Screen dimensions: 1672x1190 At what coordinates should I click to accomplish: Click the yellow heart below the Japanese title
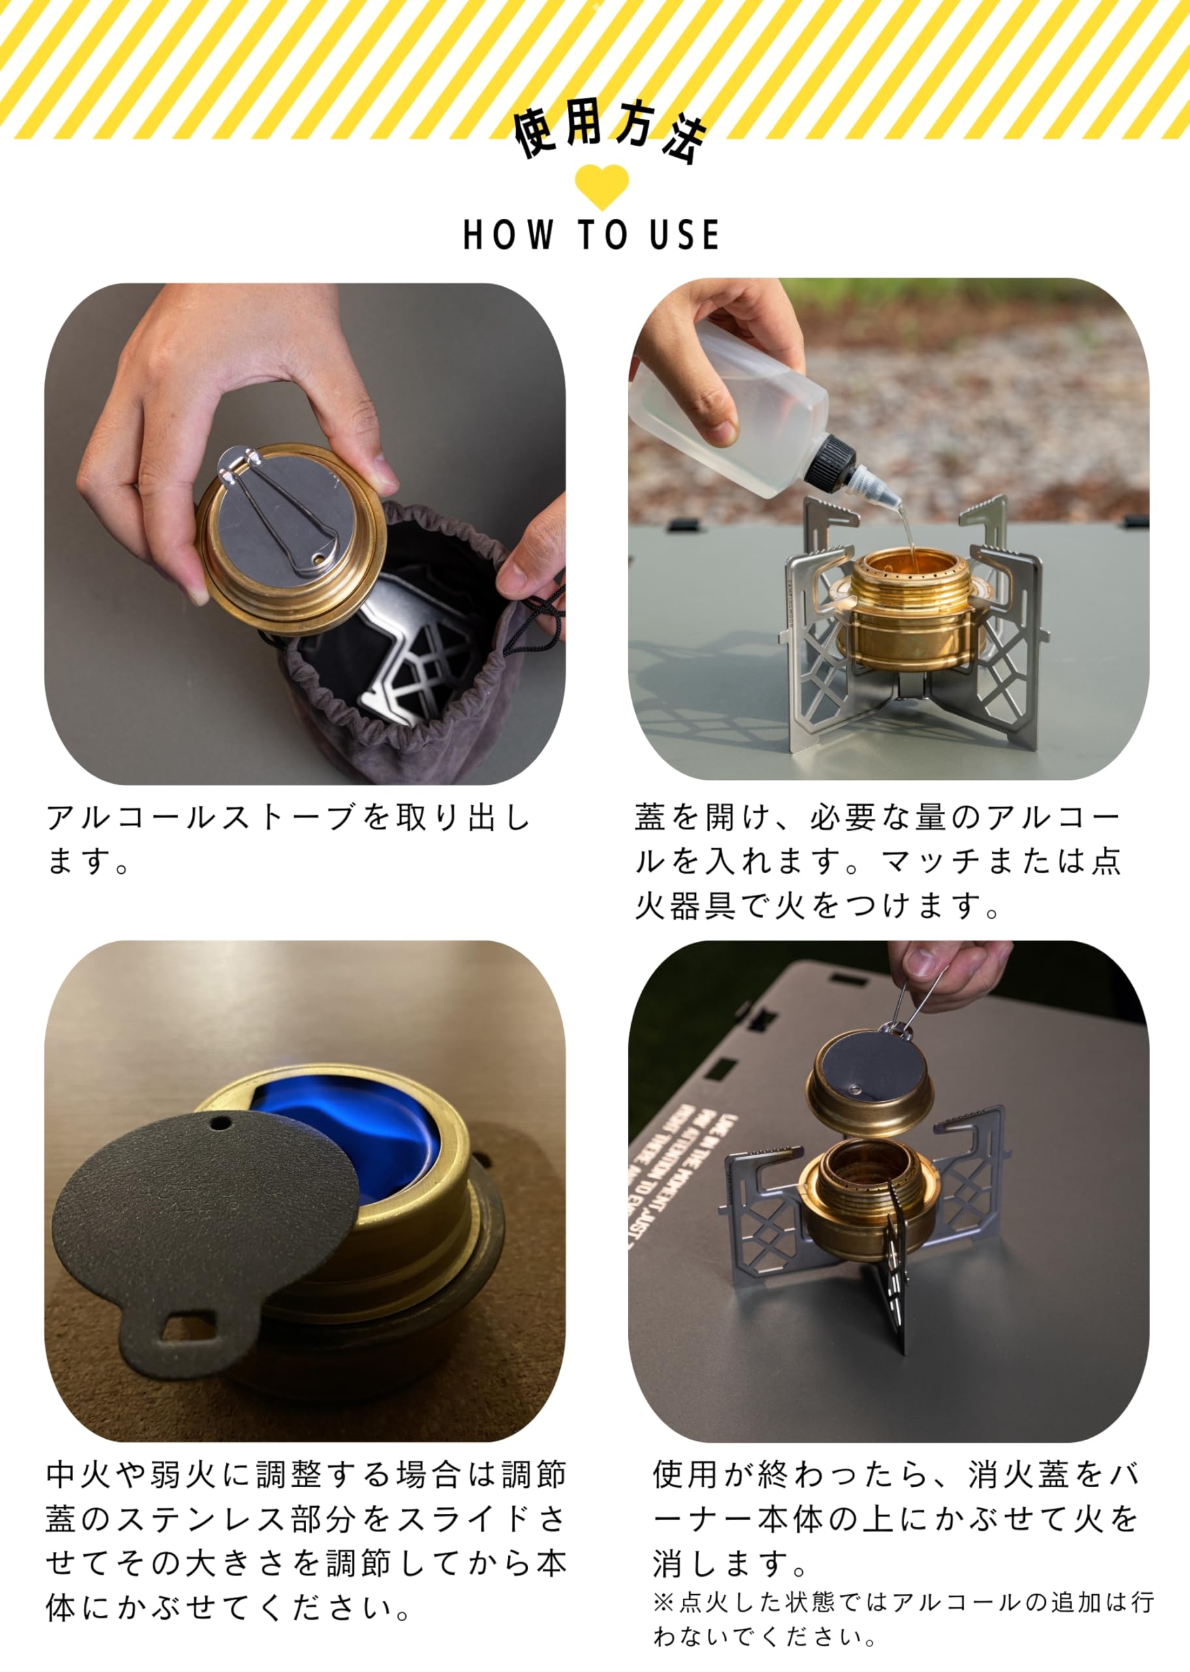tap(602, 186)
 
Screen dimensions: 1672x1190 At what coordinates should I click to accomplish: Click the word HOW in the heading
tap(508, 235)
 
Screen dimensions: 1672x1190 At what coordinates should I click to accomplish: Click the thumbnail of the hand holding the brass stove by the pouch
tap(305, 534)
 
